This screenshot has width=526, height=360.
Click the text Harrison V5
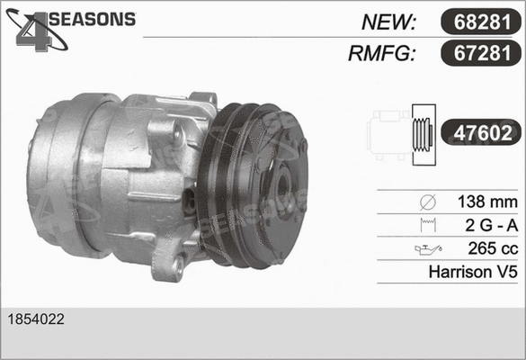pos(474,271)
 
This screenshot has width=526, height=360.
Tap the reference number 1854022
pos(36,319)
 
